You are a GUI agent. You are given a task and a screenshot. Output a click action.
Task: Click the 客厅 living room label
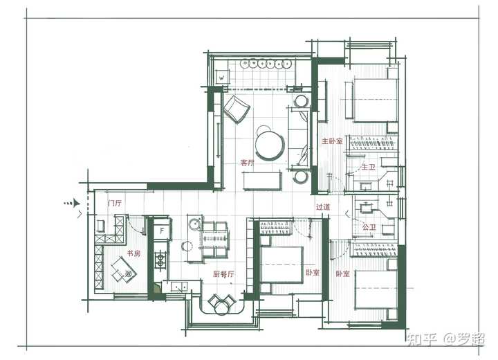click(x=248, y=163)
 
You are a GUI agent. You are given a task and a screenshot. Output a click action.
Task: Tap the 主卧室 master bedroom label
click(x=332, y=141)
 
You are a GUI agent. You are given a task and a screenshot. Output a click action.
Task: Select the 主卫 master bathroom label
click(x=369, y=167)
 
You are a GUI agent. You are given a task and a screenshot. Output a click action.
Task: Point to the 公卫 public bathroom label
click(x=369, y=227)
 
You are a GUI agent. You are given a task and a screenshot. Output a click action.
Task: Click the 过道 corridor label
click(x=323, y=207)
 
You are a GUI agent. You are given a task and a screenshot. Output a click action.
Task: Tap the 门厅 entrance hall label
click(x=115, y=203)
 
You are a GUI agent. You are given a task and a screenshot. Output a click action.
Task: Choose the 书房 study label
click(x=133, y=253)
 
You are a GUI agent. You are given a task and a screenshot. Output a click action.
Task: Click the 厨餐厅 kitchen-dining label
click(x=223, y=274)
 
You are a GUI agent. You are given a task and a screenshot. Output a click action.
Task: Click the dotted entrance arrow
click(x=71, y=203)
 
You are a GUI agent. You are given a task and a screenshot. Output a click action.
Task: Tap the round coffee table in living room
click(x=270, y=145)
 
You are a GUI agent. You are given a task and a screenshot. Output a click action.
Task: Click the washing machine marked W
click(x=222, y=78)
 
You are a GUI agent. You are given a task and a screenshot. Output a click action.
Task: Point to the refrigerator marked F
click(x=163, y=230)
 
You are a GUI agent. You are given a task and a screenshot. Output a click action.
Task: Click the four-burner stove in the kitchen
click(x=160, y=260)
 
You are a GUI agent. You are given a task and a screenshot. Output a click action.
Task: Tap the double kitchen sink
click(x=179, y=287)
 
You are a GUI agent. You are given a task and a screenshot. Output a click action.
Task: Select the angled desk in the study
click(x=123, y=270)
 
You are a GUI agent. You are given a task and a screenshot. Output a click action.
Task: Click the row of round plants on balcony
click(x=266, y=64)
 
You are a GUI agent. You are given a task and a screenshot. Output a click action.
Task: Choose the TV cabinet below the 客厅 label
click(x=262, y=181)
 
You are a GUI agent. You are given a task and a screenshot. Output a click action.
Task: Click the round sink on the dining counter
click(x=194, y=224)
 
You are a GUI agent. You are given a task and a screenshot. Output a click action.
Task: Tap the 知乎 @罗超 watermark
click(x=445, y=339)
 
